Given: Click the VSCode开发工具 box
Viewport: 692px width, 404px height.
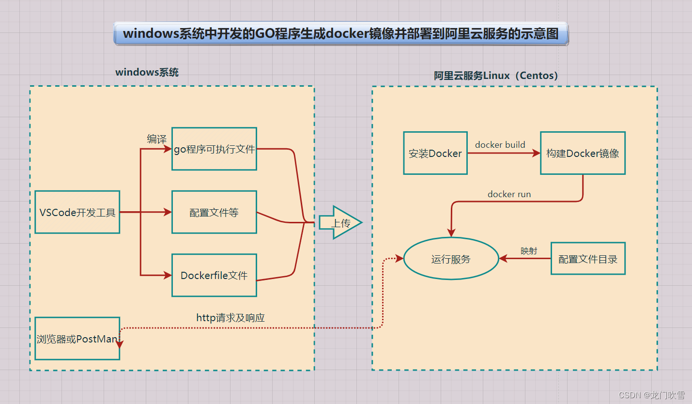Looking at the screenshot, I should pos(77,212).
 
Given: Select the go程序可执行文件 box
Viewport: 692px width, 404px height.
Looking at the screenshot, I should pos(214,149).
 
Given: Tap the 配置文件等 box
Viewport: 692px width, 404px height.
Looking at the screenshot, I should pos(214,212).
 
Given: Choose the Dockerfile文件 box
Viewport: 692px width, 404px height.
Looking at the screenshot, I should pos(214,275).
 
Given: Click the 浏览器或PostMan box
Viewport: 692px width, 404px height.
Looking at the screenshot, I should pos(77,339).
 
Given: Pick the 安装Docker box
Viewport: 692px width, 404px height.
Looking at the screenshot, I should pos(435,153).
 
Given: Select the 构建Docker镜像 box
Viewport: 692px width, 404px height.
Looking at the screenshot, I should pos(583,153).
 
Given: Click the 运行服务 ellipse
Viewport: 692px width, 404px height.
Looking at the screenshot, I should pos(451,259).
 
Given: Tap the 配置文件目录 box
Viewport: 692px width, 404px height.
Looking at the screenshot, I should pos(588,259).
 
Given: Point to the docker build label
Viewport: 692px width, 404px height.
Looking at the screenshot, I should pos(500,145).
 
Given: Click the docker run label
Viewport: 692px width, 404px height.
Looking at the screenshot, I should pos(509,194).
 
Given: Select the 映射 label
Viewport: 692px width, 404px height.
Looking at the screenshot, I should pos(529,250).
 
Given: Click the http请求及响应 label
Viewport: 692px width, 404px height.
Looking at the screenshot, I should pos(231,318).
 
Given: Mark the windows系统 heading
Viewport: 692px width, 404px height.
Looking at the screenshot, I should pos(147,73).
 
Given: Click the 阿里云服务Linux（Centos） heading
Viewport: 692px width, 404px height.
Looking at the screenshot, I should pos(496,76).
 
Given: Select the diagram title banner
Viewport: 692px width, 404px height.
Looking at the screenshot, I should pos(341,34).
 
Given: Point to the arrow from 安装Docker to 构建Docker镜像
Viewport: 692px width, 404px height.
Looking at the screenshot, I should pos(504,153).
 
